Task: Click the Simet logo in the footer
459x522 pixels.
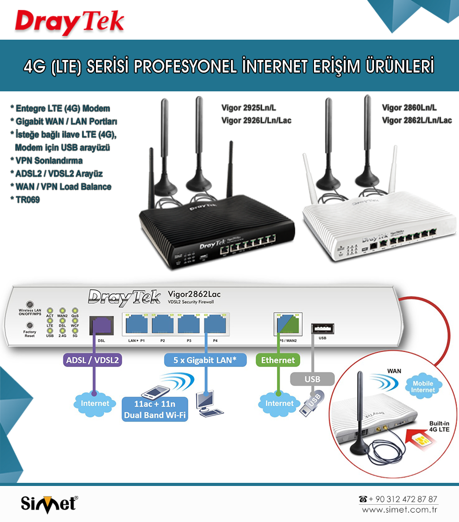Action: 49,504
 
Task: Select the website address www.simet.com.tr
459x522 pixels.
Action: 400,509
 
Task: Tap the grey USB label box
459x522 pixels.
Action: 311,378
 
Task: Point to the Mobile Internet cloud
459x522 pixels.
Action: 422,386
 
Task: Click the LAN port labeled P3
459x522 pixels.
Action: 189,325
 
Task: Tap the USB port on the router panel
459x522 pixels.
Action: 322,328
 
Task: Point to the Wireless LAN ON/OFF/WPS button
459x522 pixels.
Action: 30,304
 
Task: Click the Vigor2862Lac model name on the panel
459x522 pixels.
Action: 198,295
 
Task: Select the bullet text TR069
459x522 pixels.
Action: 28,199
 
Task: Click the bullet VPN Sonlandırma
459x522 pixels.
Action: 49,160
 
